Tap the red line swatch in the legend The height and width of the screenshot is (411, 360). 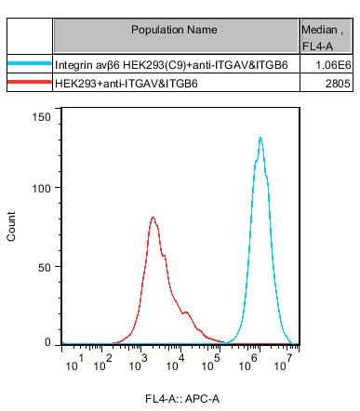tap(28, 84)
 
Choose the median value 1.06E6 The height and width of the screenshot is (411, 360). tap(332, 66)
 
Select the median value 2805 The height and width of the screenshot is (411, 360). tap(338, 84)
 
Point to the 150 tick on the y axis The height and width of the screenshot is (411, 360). tap(40, 114)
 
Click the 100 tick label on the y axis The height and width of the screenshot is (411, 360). tap(40, 188)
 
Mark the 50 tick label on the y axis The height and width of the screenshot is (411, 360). tap(43, 265)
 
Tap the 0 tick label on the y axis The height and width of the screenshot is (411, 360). tap(47, 342)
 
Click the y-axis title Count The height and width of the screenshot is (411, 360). tap(12, 230)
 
